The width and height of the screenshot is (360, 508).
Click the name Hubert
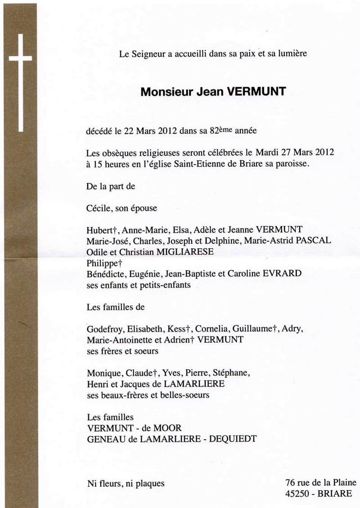tap(98, 229)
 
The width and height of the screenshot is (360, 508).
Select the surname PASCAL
tap(315, 240)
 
